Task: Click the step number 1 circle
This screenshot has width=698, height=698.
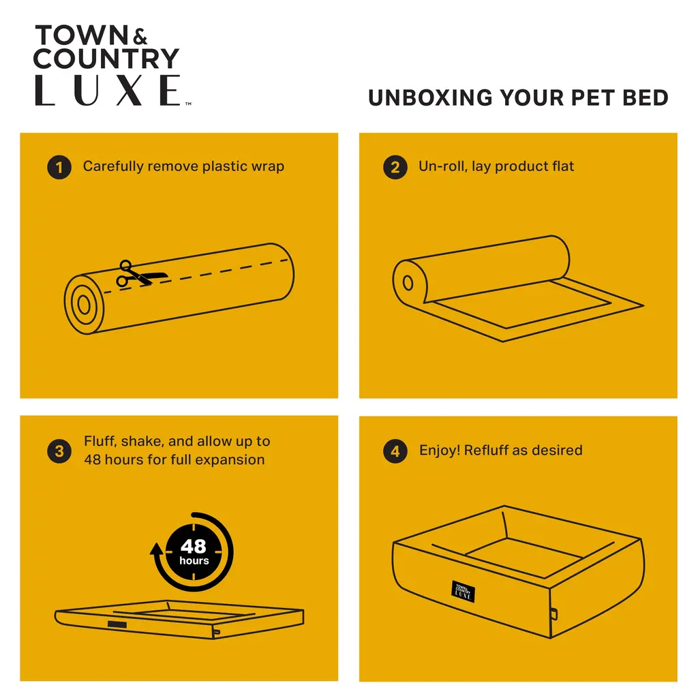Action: click(59, 168)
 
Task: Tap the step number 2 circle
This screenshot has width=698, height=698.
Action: click(395, 168)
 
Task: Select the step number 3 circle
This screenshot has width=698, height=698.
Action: click(59, 451)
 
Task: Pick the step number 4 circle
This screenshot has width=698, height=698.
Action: click(395, 451)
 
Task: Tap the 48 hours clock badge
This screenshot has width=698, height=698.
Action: click(194, 552)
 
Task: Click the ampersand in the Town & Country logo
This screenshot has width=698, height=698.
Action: click(140, 37)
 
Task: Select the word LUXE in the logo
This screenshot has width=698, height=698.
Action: click(108, 90)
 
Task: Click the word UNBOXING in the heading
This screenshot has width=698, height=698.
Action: click(431, 98)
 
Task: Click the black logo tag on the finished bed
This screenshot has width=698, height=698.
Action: click(463, 592)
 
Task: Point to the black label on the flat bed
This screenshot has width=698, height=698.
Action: click(117, 624)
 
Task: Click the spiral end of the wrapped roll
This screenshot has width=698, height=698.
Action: click(84, 305)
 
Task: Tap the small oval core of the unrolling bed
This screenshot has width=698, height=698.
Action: click(408, 283)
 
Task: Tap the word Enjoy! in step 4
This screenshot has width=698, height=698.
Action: click(440, 451)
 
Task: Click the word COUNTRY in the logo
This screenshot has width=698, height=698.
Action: click(106, 59)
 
